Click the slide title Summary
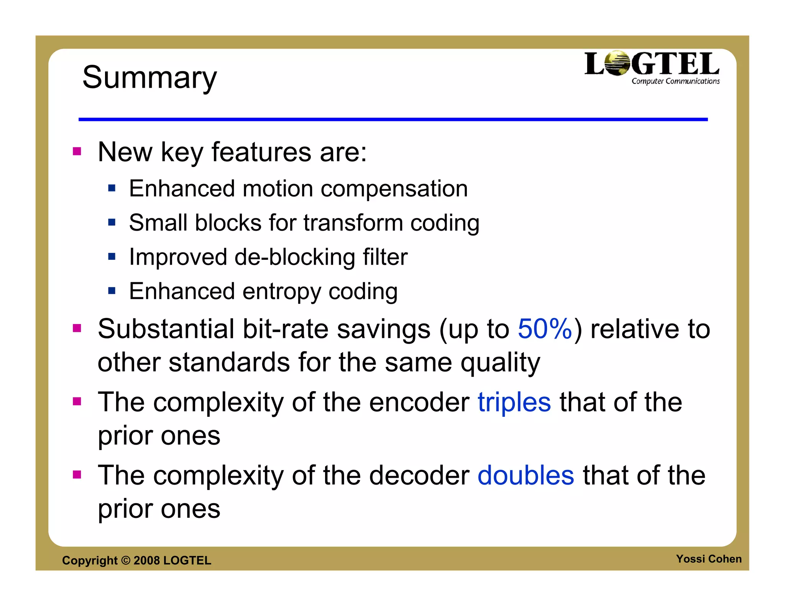click(x=149, y=78)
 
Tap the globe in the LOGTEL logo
click(x=617, y=63)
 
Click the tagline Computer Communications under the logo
click(x=675, y=81)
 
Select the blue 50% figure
click(x=545, y=329)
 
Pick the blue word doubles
click(x=526, y=475)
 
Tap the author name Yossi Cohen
click(x=708, y=559)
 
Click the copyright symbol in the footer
click(x=126, y=560)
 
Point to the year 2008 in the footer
click(x=146, y=560)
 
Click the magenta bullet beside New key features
click(x=77, y=151)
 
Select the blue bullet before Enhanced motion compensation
click(x=112, y=188)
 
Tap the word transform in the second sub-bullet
click(x=353, y=223)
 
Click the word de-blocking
click(x=295, y=257)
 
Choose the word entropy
click(x=282, y=292)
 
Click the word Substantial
click(x=166, y=329)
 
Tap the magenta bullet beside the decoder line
click(x=77, y=475)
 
